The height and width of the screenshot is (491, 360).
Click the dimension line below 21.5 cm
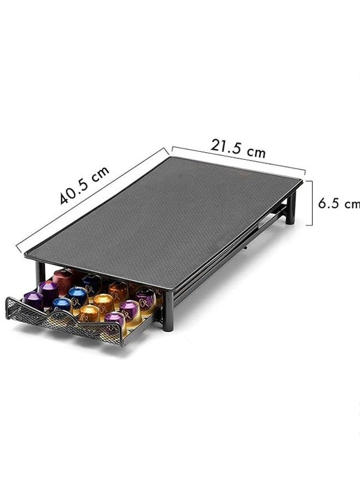click(238, 158)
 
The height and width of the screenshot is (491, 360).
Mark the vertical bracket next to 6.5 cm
click(310, 203)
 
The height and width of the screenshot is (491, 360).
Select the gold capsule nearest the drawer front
click(89, 313)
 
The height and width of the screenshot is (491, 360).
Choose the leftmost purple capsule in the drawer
click(33, 300)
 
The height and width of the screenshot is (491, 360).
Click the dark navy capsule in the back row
click(91, 282)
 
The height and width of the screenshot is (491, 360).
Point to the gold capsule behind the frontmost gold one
click(103, 301)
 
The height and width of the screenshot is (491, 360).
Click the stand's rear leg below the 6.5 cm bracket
click(291, 211)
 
